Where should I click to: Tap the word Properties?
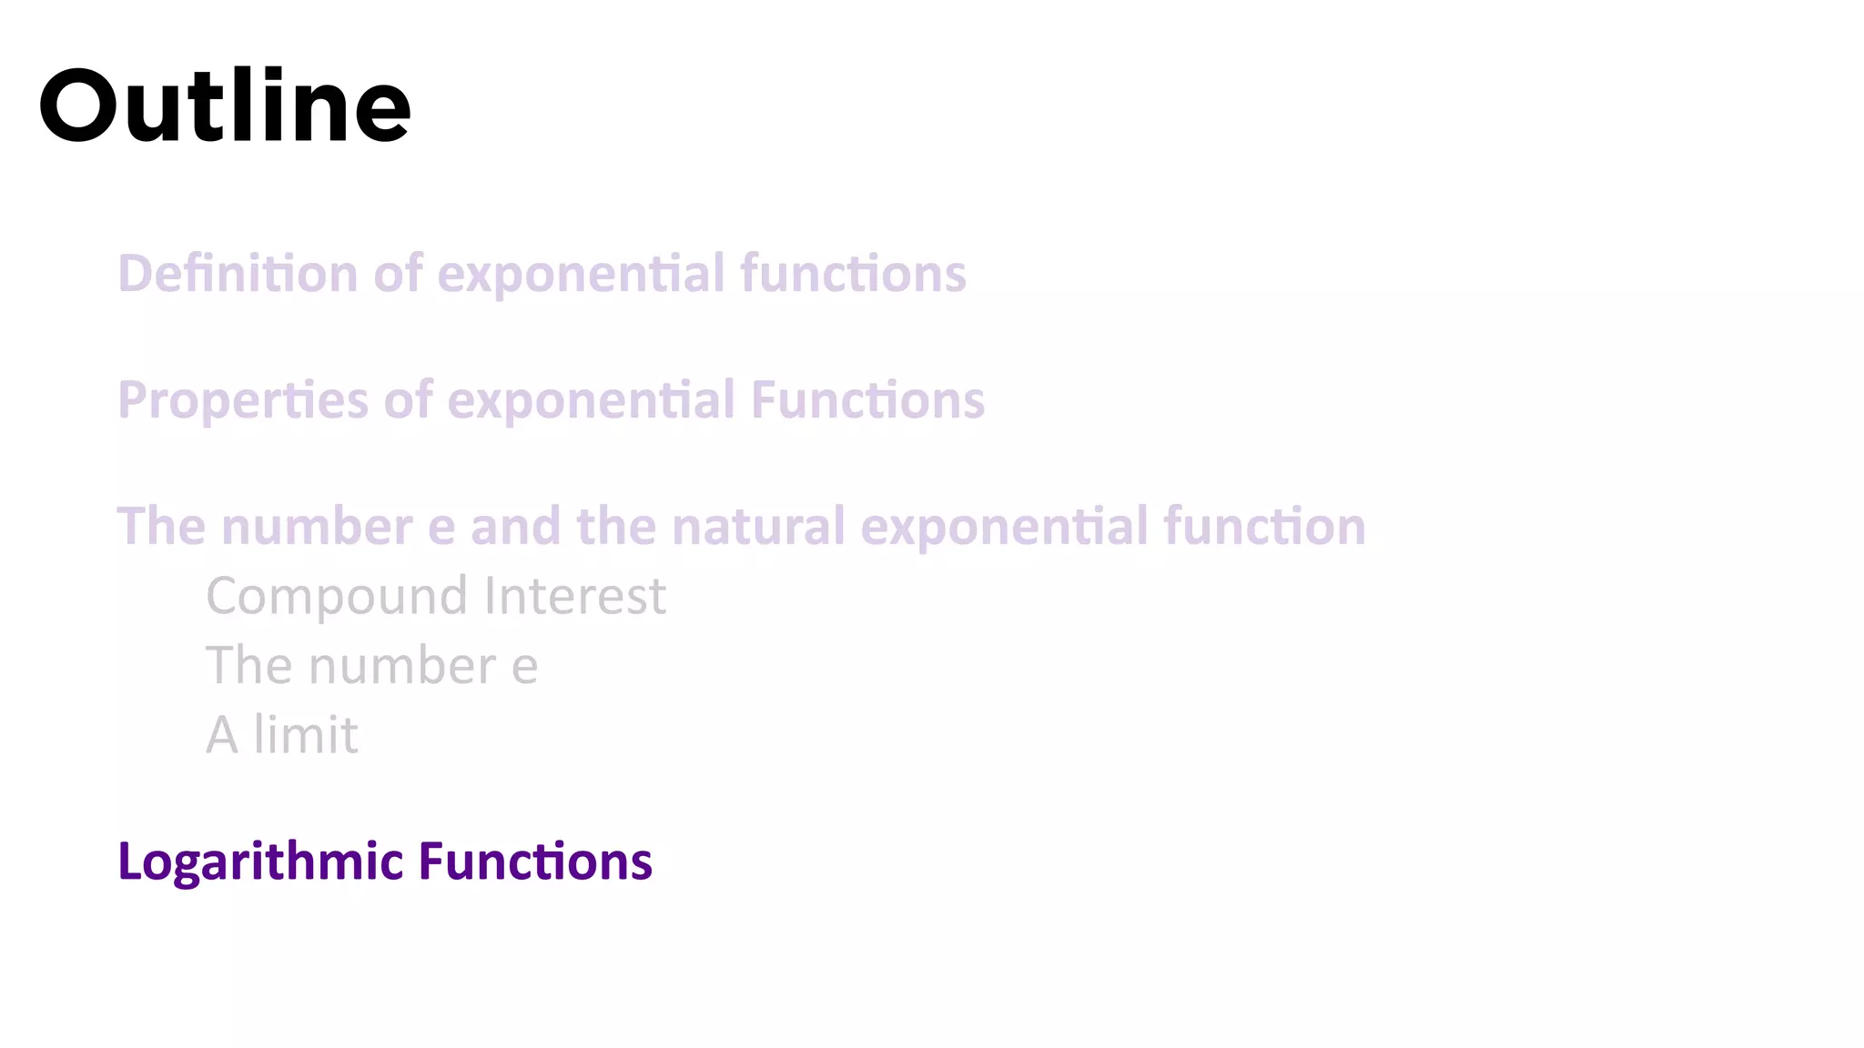pos(243,400)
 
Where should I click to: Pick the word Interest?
pos(575,596)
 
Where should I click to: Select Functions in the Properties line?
pos(867,400)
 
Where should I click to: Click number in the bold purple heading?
pos(317,527)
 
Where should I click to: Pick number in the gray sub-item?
pos(400,666)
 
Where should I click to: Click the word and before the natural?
pos(515,527)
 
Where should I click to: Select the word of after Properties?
pos(407,400)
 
